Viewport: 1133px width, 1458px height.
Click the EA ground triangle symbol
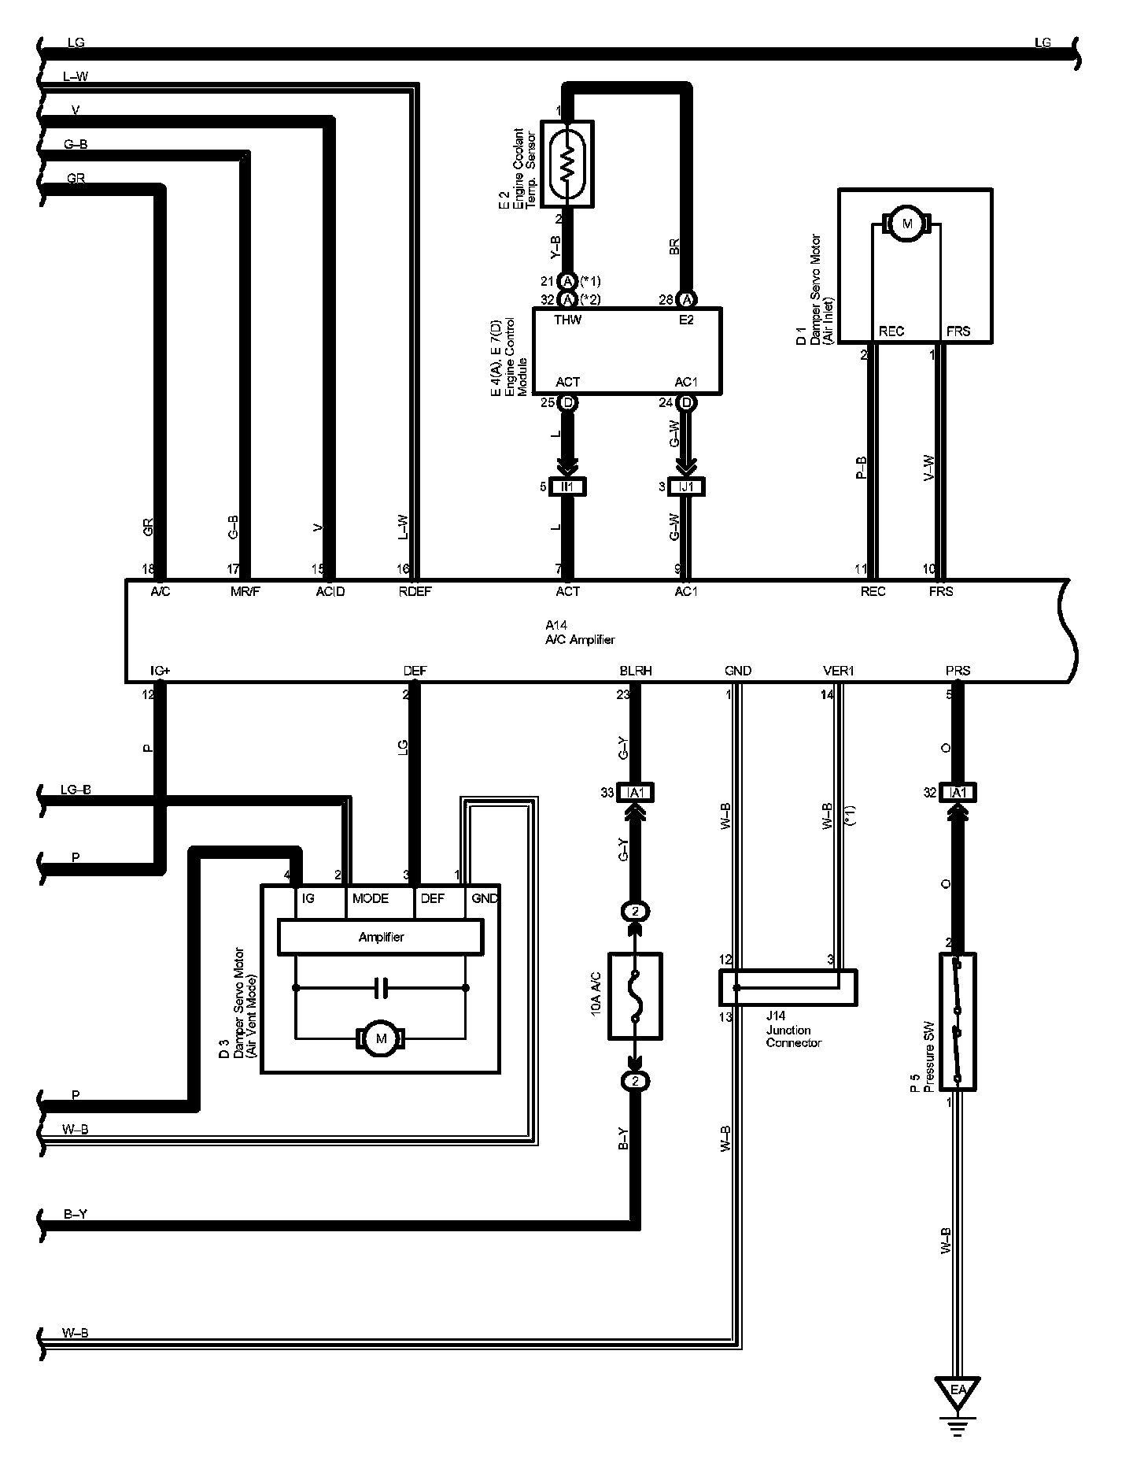(957, 1390)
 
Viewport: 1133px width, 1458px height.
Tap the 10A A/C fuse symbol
(635, 996)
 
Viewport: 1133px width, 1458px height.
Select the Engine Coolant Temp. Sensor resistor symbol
(566, 164)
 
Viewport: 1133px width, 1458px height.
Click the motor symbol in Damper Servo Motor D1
(906, 224)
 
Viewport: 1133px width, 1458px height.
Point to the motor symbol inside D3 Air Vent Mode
(382, 1038)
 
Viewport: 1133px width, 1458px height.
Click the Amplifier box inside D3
(381, 937)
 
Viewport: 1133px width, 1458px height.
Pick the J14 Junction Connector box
(788, 987)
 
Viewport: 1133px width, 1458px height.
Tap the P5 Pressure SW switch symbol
(958, 1022)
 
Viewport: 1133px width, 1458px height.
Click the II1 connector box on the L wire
(567, 487)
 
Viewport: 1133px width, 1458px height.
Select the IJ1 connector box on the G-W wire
(686, 487)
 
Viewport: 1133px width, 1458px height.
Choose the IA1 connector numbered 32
(958, 793)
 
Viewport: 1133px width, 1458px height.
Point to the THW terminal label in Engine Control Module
(567, 320)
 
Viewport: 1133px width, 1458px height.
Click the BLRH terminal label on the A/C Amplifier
(636, 671)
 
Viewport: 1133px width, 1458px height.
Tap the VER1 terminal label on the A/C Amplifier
(838, 671)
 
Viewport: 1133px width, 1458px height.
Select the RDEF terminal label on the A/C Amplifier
(415, 591)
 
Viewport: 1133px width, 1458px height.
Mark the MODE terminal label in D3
(371, 898)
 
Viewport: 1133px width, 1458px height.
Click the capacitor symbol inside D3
(381, 988)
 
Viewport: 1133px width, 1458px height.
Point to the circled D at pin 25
(567, 403)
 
